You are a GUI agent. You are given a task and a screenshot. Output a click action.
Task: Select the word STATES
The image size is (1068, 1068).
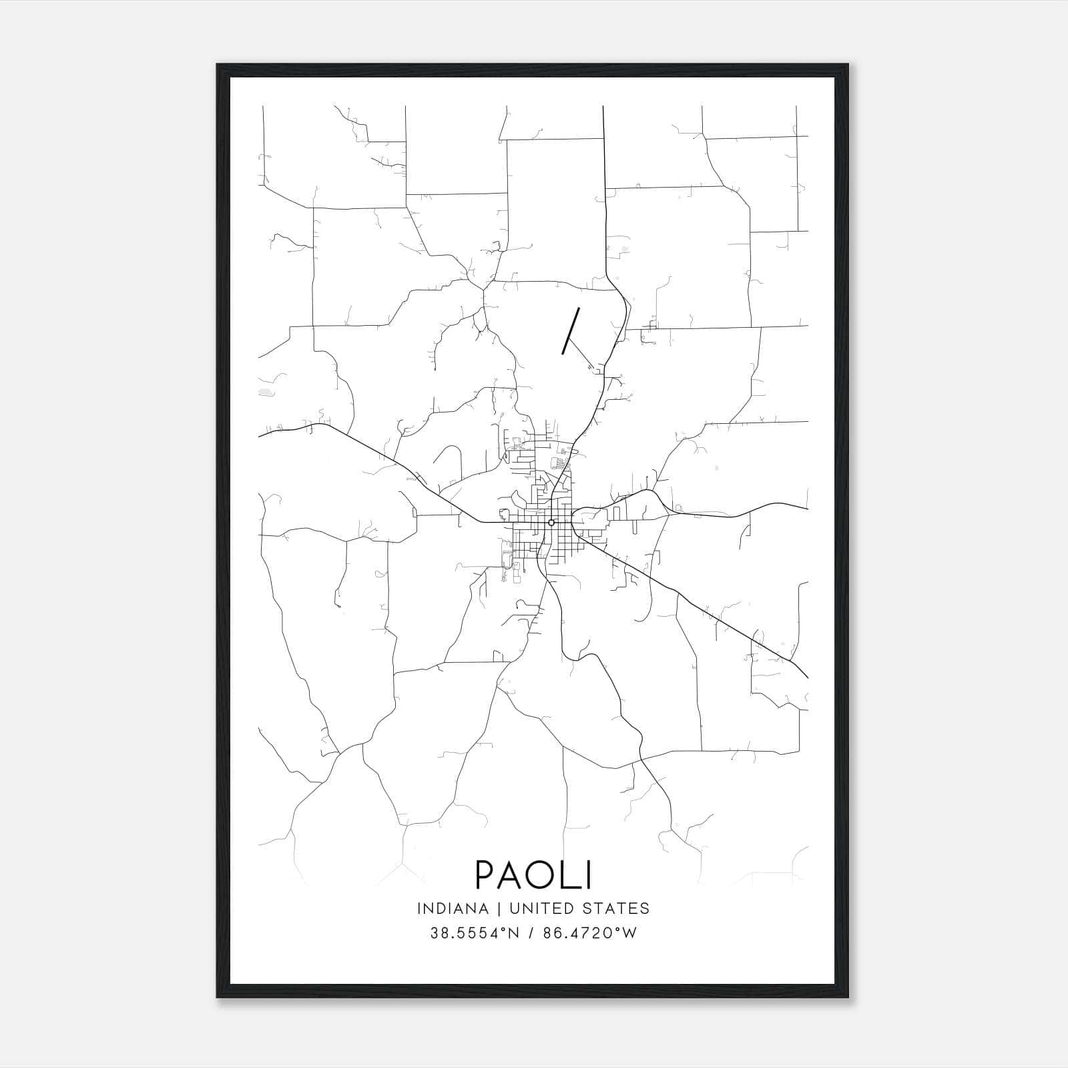pos(619,908)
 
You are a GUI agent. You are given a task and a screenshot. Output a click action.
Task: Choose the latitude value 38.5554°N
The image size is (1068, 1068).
pos(474,933)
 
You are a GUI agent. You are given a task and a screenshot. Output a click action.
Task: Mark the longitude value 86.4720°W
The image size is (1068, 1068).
pos(587,933)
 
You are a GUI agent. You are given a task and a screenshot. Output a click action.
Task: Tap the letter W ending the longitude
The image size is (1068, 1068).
pos(629,933)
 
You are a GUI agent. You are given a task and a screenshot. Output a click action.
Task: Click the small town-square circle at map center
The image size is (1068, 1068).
pos(551,522)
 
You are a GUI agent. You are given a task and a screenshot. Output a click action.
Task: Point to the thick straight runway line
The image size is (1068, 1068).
pos(571,330)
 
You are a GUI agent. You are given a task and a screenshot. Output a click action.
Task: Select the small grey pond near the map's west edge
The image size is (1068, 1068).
pos(266,392)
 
